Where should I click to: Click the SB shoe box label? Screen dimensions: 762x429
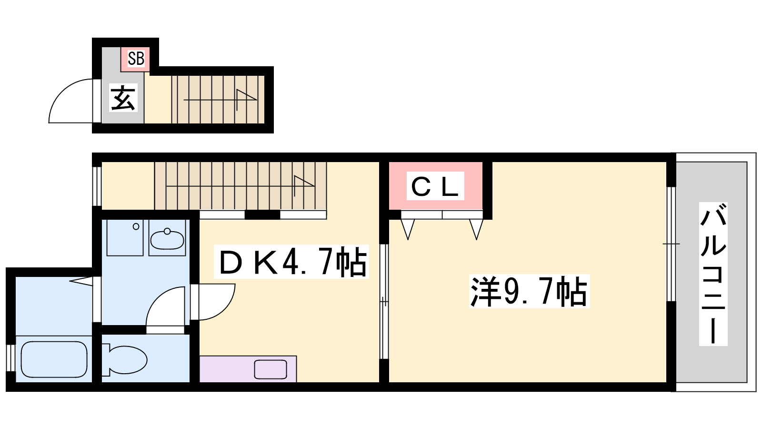point(136,58)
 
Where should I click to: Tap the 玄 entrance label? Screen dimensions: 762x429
point(123,98)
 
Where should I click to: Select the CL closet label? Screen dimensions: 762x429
point(435,186)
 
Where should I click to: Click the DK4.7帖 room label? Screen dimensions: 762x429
point(291,262)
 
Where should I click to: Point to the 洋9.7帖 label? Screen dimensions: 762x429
point(529,291)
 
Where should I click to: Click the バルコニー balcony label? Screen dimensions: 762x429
point(713,274)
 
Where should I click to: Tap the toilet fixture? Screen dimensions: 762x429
point(124,360)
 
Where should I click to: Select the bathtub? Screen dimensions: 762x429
point(54,359)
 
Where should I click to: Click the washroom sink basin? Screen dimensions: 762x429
point(167,239)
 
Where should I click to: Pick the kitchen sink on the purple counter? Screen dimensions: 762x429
point(271,369)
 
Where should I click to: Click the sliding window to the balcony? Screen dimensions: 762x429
point(671,244)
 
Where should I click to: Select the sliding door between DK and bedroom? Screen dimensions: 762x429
point(384,301)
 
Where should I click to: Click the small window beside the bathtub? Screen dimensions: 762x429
point(10,358)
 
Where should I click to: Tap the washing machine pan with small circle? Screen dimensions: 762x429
point(125,238)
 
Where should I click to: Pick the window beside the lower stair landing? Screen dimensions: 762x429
point(97,186)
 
